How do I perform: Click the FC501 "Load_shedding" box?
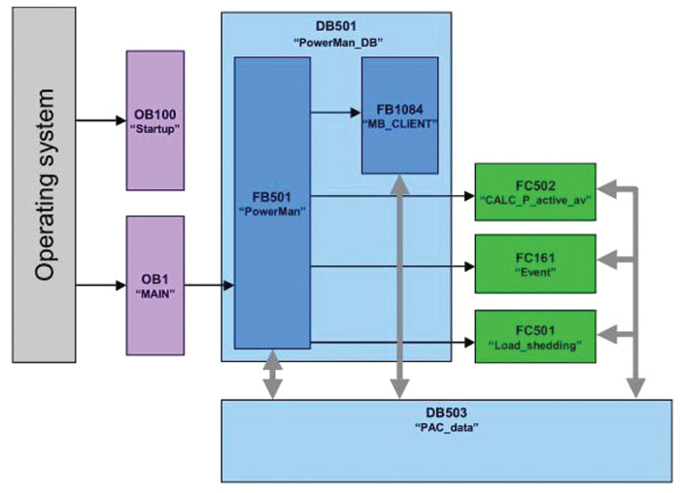535,336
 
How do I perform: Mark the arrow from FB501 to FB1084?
334,113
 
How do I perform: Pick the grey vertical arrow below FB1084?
397,291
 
